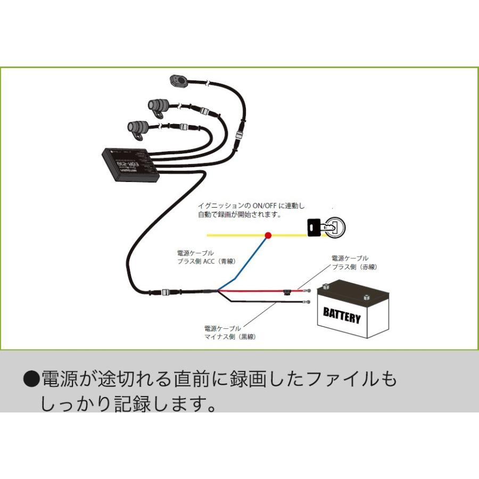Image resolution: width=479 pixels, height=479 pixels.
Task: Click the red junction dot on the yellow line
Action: coord(268,235)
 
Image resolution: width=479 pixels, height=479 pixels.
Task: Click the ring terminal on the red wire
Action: coord(308,291)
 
